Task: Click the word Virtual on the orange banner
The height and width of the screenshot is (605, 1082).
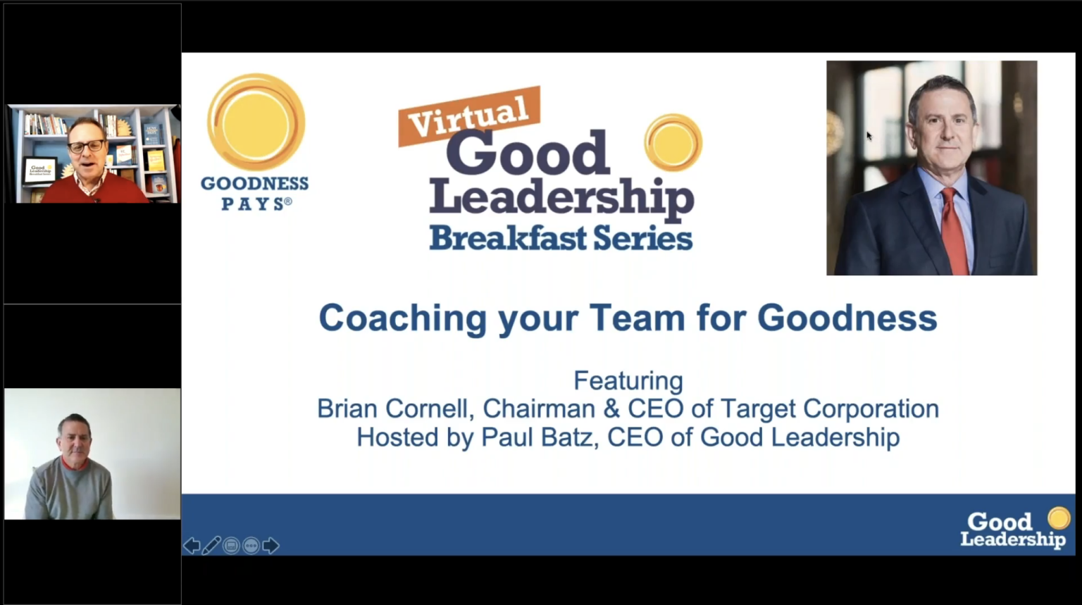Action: click(x=469, y=116)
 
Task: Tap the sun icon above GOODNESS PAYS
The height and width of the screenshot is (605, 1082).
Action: click(x=256, y=122)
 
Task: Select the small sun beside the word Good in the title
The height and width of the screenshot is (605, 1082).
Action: click(x=673, y=142)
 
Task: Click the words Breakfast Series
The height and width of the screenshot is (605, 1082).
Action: click(x=561, y=238)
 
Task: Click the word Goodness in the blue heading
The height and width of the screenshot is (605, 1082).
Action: click(x=847, y=318)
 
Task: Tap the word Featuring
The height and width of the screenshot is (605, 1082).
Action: click(x=628, y=381)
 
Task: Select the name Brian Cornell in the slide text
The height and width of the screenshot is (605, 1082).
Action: click(x=394, y=408)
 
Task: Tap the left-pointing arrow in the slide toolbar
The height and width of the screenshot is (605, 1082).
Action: click(x=192, y=545)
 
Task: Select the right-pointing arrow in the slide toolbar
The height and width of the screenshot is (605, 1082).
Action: click(x=271, y=545)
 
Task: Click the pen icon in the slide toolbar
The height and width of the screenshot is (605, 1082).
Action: click(x=211, y=545)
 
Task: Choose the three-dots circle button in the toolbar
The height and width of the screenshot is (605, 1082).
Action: click(x=251, y=545)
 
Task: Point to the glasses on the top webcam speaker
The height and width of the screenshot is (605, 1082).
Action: click(x=86, y=146)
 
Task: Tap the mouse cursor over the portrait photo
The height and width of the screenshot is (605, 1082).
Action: click(x=869, y=135)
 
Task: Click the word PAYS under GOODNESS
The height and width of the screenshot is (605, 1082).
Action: click(x=253, y=204)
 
